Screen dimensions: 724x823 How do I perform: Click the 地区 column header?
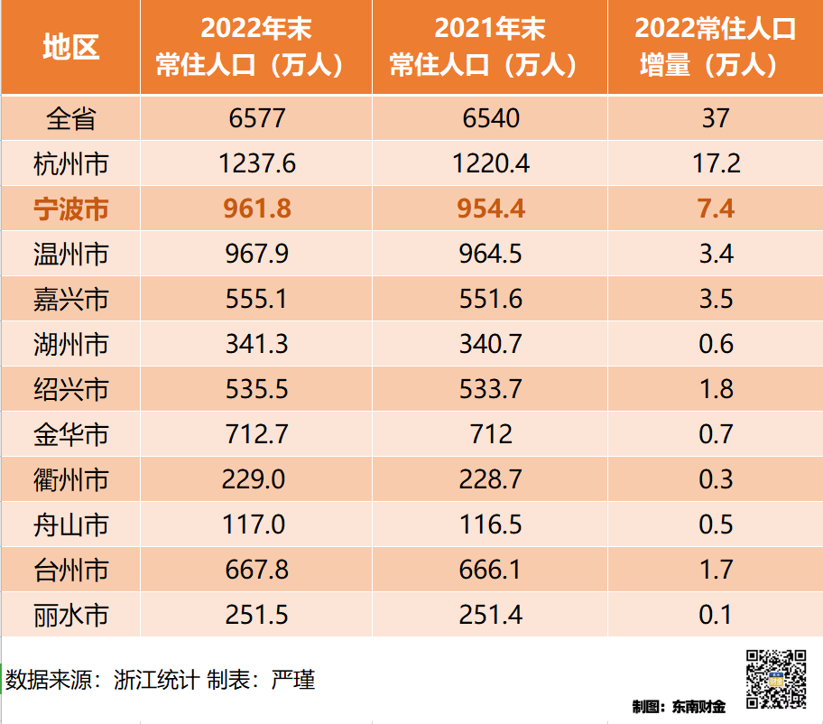(69, 46)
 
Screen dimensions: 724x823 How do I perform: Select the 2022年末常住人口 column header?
(256, 46)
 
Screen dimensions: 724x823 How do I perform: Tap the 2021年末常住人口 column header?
(489, 46)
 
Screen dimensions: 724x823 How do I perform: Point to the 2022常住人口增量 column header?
(715, 46)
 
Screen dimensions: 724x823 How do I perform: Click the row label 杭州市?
(69, 163)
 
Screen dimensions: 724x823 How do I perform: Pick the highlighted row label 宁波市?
(69, 209)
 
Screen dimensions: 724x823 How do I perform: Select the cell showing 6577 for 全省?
(256, 118)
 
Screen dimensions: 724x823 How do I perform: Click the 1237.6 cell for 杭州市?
(256, 163)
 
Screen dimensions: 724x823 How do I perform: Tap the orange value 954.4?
(489, 209)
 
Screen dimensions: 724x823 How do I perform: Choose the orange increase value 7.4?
(715, 209)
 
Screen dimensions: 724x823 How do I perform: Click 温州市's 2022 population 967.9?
(256, 254)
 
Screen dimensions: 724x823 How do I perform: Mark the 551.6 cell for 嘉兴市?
(489, 299)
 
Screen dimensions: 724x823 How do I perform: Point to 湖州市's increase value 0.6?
(715, 344)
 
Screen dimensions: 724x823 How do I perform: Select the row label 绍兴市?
(69, 389)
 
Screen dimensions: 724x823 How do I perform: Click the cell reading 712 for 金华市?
(489, 434)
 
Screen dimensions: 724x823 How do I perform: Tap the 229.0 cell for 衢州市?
(256, 479)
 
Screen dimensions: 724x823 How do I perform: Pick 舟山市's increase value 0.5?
(715, 524)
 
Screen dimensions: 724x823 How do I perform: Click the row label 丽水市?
(69, 615)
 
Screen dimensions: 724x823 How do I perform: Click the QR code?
(775, 679)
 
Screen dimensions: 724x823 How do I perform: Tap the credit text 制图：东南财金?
(679, 707)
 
